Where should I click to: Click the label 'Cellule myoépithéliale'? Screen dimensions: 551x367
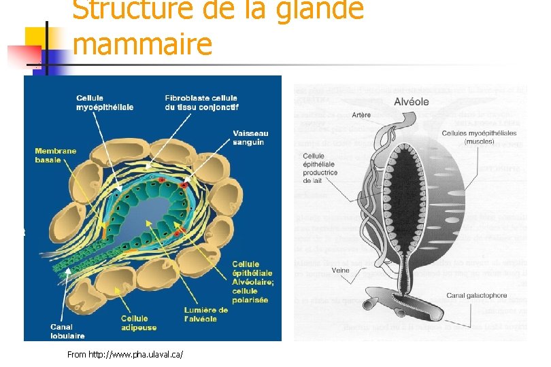point(104,103)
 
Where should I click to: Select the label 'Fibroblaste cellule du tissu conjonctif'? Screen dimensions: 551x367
point(201,103)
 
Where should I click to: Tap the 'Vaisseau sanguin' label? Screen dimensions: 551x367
point(250,138)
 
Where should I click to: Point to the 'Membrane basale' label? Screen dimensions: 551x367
point(56,155)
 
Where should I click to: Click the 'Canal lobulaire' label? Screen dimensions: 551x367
point(67,331)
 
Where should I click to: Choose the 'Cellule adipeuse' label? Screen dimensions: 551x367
point(135,322)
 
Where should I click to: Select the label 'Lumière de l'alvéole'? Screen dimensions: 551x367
point(206,315)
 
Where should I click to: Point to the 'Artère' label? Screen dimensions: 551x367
point(362,115)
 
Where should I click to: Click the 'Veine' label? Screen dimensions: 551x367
point(341,270)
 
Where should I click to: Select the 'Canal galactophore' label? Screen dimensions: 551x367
point(476,295)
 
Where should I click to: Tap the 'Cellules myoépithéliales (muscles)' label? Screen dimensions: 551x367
point(479,137)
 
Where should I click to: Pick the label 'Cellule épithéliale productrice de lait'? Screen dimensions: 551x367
point(320,168)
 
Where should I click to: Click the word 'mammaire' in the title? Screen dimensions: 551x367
point(142,44)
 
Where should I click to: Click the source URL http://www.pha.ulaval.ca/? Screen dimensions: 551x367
point(126,355)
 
